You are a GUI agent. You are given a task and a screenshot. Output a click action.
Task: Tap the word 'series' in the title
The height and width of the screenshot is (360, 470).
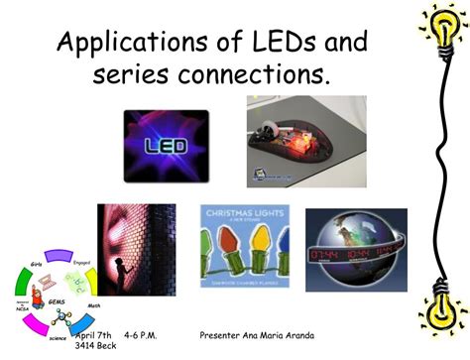point(128,75)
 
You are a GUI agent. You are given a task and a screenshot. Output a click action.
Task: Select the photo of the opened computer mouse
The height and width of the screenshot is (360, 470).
point(306,141)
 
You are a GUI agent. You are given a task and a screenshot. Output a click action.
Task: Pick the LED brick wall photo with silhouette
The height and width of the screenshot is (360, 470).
point(136,250)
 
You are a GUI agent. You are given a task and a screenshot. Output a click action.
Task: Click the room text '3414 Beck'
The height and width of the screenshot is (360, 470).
point(96,349)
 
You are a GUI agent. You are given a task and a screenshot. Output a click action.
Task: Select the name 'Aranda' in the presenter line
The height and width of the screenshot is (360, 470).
point(305,337)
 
